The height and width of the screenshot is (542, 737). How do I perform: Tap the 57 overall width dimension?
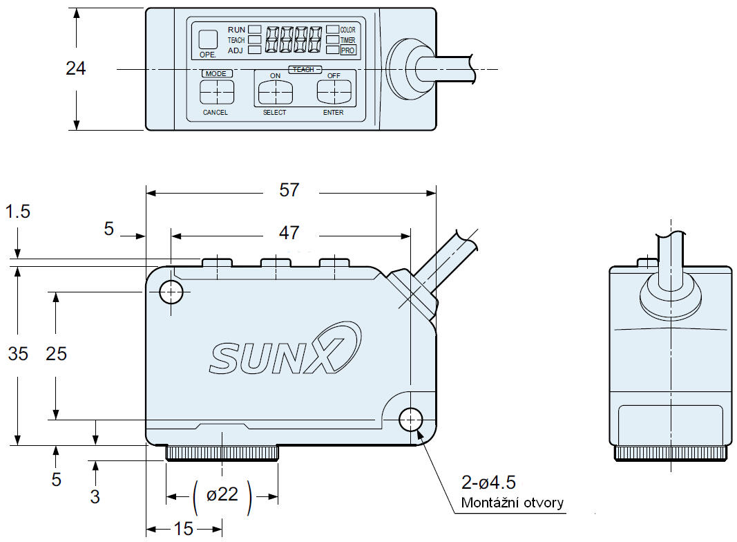pyautogui.click(x=289, y=190)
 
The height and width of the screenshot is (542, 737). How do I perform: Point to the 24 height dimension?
pyautogui.click(x=76, y=68)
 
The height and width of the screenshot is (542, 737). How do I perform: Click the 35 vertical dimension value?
pyautogui.click(x=19, y=354)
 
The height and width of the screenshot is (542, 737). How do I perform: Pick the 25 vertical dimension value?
pyautogui.click(x=57, y=354)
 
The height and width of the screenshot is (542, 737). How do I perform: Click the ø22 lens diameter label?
pyautogui.click(x=222, y=495)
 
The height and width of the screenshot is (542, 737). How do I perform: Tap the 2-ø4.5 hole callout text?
pyautogui.click(x=488, y=482)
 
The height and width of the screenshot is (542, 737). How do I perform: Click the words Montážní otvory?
pyautogui.click(x=512, y=503)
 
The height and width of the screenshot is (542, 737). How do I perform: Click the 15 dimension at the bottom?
pyautogui.click(x=183, y=529)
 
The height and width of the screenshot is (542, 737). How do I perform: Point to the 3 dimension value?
pyautogui.click(x=95, y=496)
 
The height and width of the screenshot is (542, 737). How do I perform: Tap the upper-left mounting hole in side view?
pyautogui.click(x=171, y=292)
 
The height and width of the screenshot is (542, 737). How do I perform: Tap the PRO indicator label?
pyautogui.click(x=348, y=50)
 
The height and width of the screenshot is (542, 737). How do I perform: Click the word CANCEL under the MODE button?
pyautogui.click(x=215, y=113)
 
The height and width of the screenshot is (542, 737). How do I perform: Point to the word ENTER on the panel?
pyautogui.click(x=333, y=113)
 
